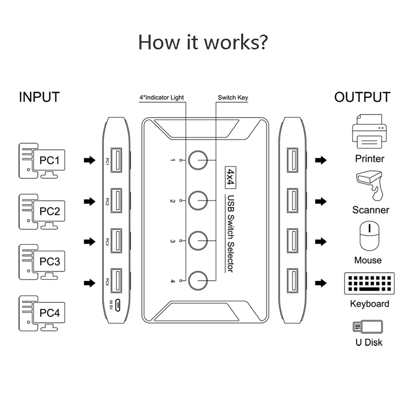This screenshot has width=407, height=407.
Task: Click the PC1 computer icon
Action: click(42, 161)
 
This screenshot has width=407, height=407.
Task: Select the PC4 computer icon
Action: click(42, 313)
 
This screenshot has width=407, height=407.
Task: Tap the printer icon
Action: click(369, 131)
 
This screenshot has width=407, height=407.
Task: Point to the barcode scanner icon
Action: click(369, 185)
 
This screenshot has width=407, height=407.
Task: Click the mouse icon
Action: click(369, 236)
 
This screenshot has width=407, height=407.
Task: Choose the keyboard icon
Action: click(369, 283)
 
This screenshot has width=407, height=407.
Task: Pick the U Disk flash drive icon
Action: click(368, 327)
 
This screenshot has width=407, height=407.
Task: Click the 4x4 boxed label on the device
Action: click(230, 177)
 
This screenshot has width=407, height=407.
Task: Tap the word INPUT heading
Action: click(40, 97)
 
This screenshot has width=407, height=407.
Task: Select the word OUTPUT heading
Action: click(362, 97)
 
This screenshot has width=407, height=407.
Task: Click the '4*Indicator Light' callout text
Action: click(162, 98)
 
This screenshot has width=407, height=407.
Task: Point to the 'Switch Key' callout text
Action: click(233, 98)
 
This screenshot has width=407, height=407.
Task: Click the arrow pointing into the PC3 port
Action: click(90, 242)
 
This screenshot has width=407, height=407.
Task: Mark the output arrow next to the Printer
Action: click(321, 160)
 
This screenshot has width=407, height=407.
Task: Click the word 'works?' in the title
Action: click(236, 42)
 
